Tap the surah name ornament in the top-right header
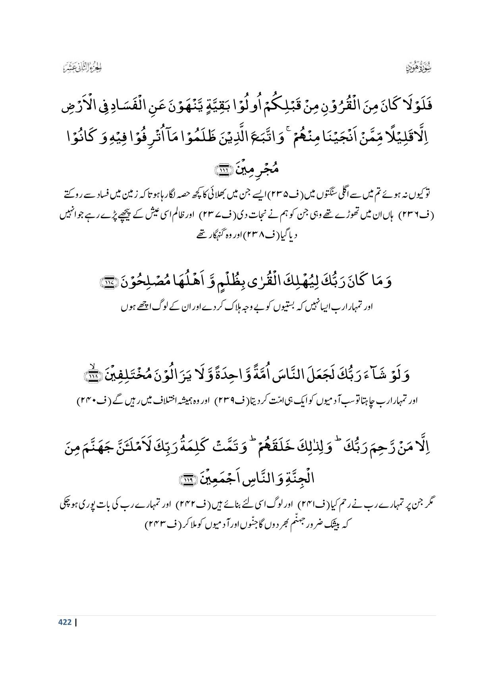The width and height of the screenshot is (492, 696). pyautogui.click(x=419, y=67)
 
